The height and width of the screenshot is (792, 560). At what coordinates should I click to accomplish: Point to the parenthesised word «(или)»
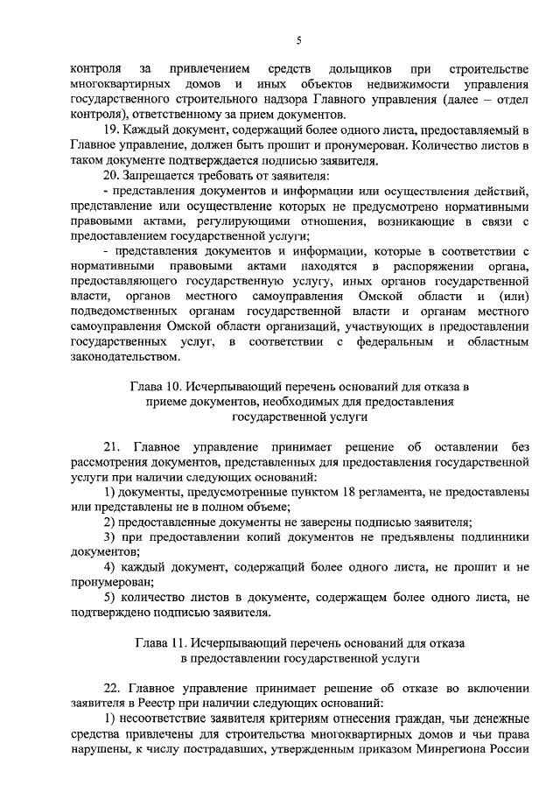pos(510,300)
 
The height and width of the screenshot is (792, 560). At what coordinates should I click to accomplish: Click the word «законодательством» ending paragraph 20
pos(124,357)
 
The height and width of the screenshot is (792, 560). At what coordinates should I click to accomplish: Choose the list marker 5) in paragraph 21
pos(108,597)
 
